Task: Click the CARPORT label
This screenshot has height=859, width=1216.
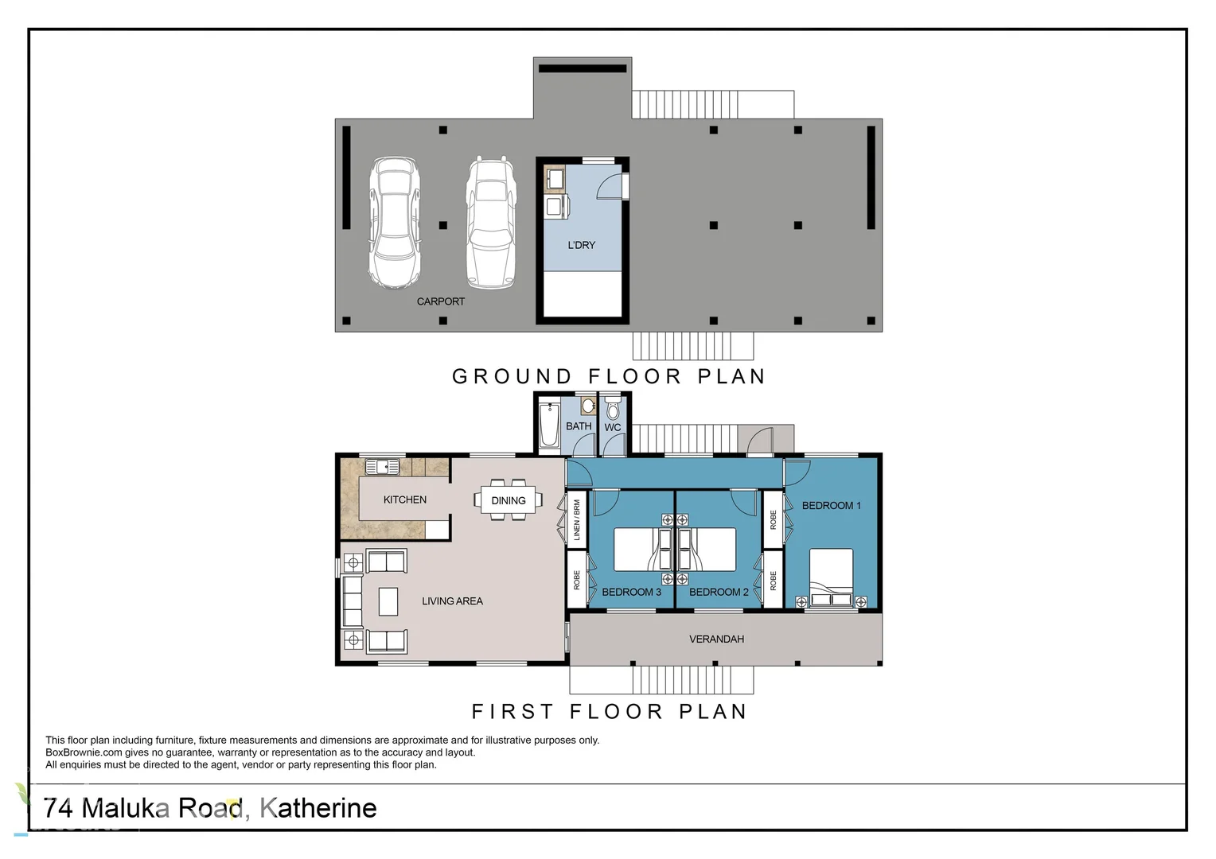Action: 440,301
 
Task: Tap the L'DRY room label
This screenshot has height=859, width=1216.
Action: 582,245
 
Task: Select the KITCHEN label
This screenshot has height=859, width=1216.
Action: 404,499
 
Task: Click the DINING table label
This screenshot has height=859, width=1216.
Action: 508,500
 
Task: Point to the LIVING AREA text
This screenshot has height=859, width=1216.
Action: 452,601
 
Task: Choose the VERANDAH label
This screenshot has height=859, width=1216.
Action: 716,639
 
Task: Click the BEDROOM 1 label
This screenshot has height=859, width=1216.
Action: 831,506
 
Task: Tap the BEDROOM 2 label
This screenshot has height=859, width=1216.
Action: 719,592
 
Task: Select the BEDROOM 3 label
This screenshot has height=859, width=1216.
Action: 631,592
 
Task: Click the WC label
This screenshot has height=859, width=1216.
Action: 612,428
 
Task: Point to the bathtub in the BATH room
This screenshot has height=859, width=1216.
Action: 549,426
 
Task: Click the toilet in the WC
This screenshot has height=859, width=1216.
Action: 613,409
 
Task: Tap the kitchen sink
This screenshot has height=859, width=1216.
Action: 382,467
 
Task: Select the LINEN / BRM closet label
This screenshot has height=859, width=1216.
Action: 577,520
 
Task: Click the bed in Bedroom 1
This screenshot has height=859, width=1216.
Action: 831,578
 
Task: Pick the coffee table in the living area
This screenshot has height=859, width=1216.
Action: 388,601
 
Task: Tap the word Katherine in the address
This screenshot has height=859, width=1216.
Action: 318,808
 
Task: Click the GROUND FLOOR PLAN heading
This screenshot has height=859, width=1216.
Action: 609,376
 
